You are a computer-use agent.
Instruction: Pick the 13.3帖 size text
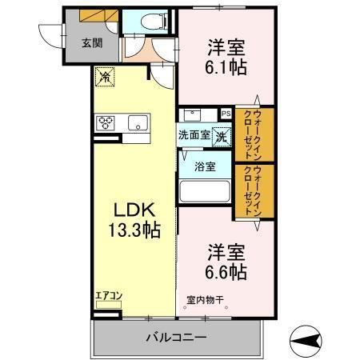click(x=132, y=231)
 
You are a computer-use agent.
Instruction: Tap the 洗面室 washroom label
click(x=194, y=135)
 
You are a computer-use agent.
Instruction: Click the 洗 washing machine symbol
click(x=220, y=135)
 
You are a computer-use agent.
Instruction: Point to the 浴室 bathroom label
click(x=204, y=167)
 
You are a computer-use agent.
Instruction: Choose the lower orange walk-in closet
click(x=253, y=191)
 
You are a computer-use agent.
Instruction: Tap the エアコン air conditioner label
click(x=109, y=296)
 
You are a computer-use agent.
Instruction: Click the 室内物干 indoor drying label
click(x=206, y=301)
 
